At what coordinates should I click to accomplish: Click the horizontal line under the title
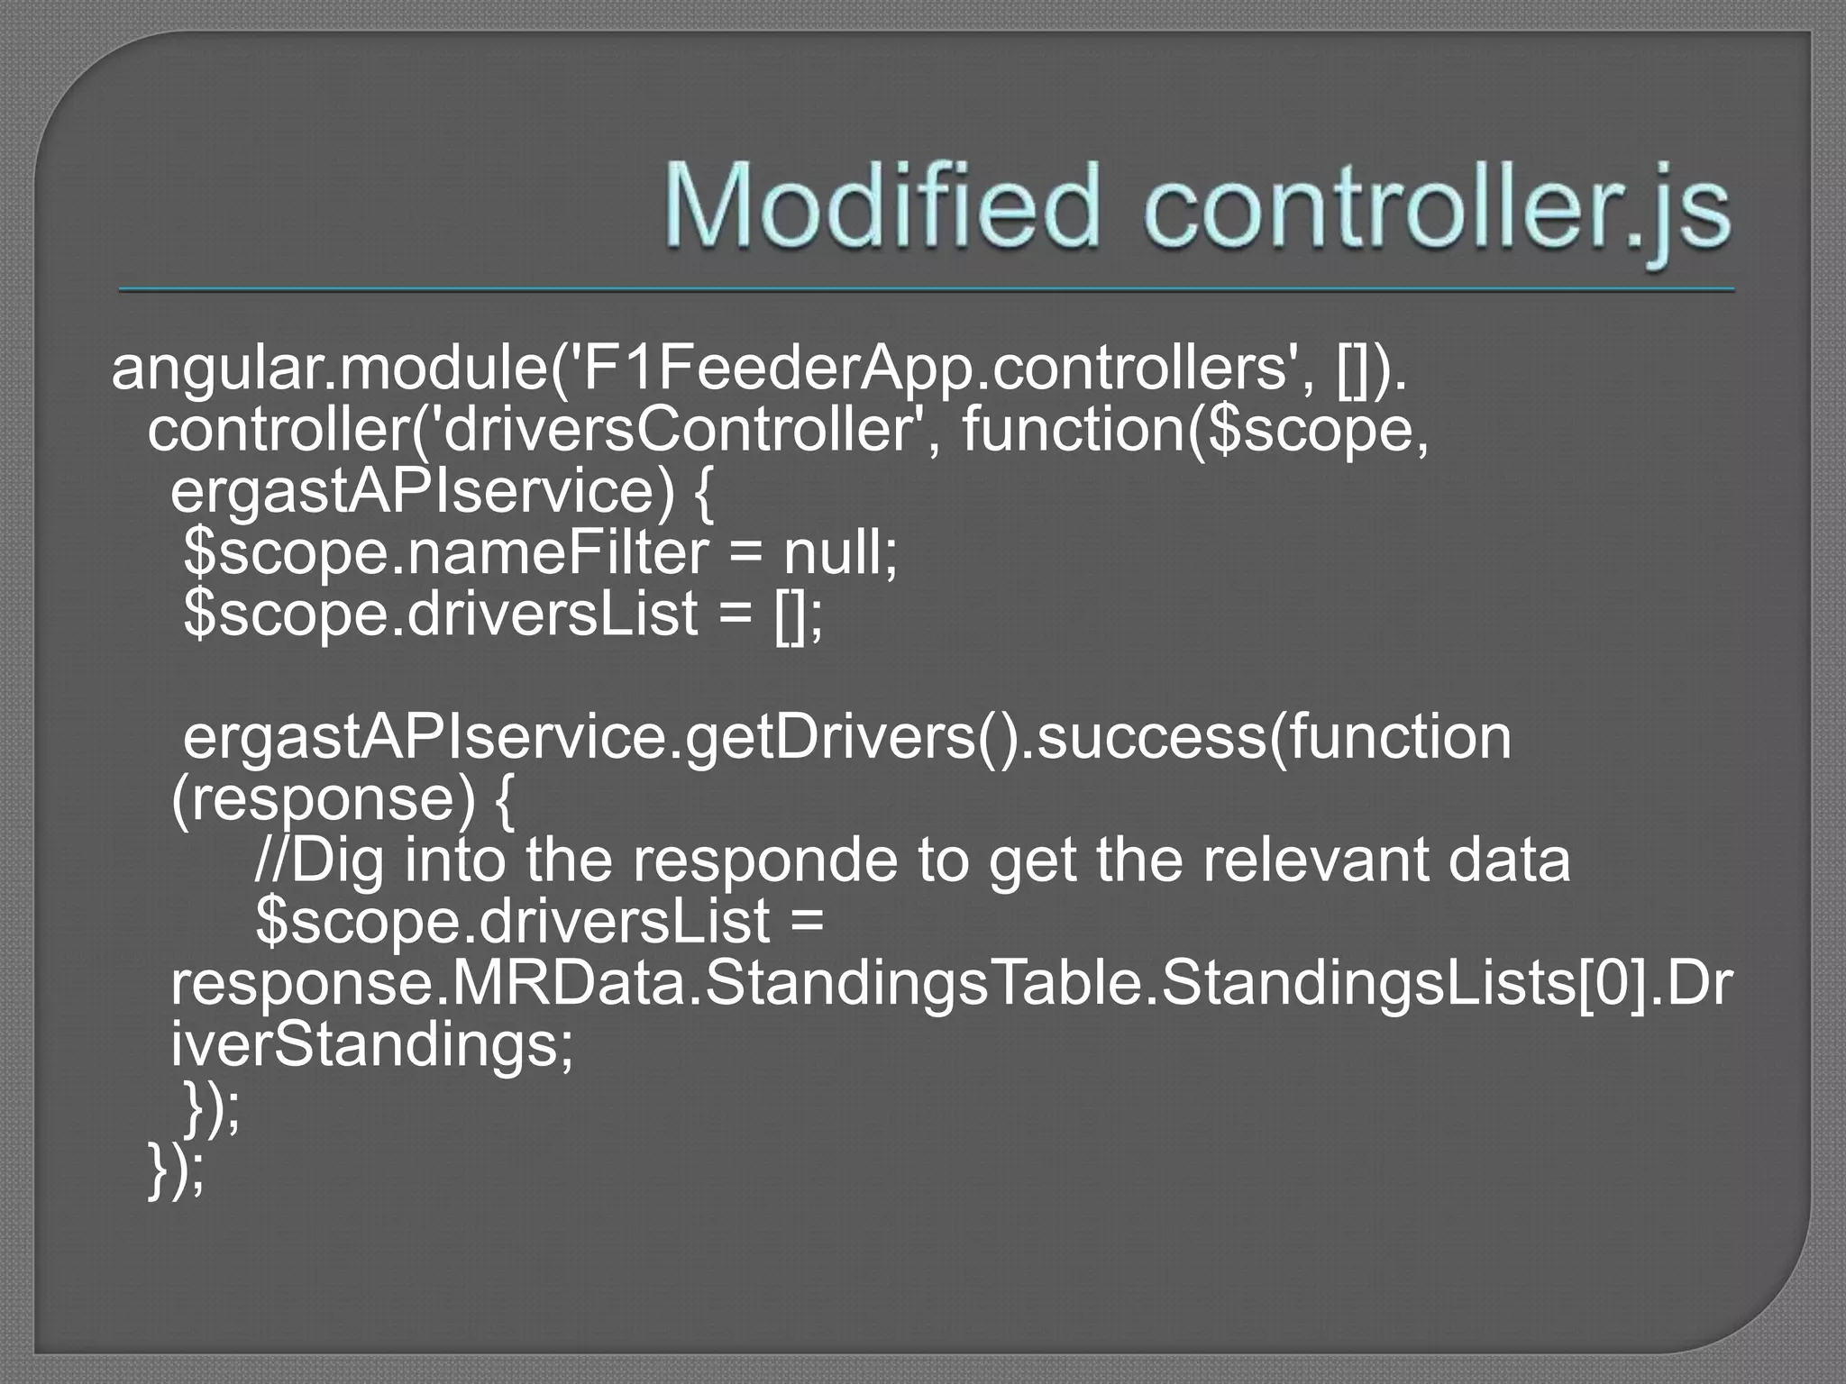(927, 290)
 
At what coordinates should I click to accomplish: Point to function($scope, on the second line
(1195, 431)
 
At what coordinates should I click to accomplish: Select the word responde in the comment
(764, 860)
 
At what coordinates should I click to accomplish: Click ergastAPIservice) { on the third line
(442, 492)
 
